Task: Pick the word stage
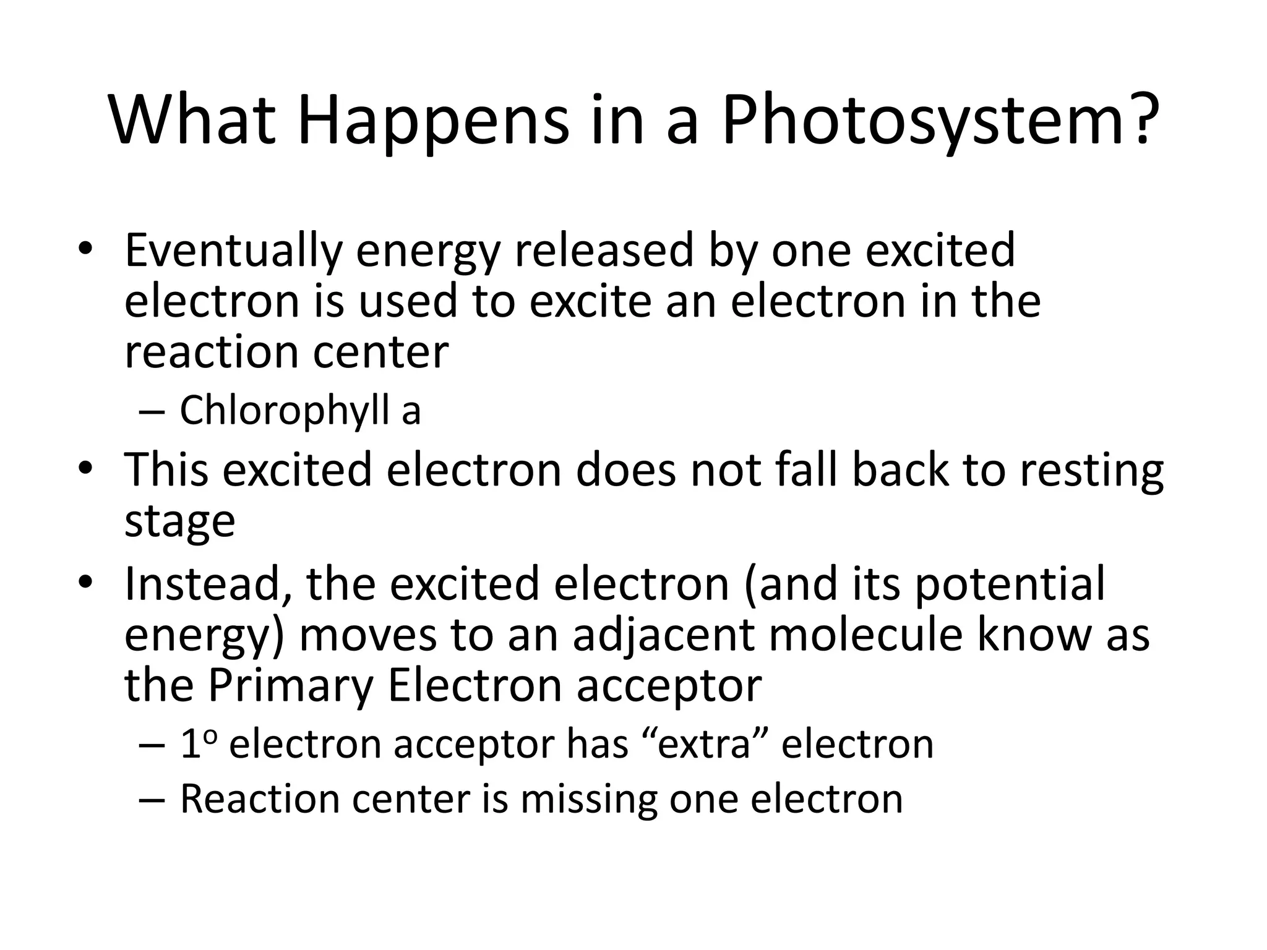pos(179,521)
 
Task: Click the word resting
pos(1091,471)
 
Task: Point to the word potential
pos(1009,584)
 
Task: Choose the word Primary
pos(290,685)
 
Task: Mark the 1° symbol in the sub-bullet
pos(197,743)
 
